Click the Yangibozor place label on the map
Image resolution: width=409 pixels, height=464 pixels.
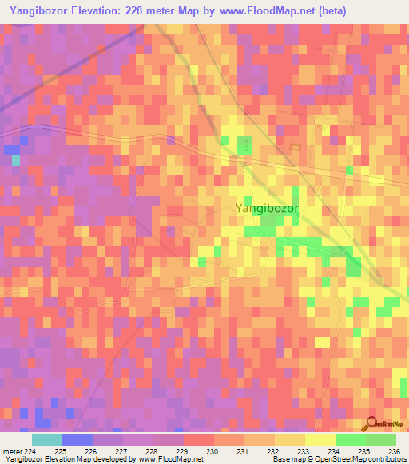click(x=267, y=208)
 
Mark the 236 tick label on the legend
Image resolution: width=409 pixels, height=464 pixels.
click(x=392, y=452)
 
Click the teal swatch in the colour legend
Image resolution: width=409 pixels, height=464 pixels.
click(x=46, y=439)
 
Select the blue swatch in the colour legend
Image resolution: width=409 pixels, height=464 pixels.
click(x=77, y=439)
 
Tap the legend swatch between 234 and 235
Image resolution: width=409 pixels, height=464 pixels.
click(x=350, y=439)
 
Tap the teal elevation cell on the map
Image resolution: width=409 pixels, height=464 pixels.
click(x=15, y=159)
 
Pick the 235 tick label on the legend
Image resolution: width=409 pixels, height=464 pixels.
click(x=363, y=452)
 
